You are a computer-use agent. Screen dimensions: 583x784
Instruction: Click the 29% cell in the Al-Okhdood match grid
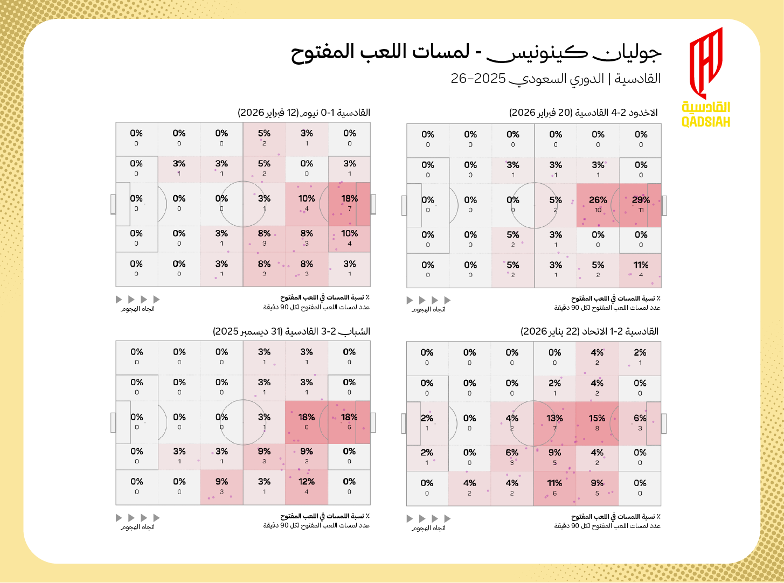(x=640, y=205)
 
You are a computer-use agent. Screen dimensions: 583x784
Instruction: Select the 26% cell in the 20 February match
(x=598, y=205)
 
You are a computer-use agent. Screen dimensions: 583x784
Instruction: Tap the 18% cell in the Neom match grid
(x=349, y=204)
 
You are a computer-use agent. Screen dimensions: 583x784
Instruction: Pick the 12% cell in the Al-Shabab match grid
(x=306, y=487)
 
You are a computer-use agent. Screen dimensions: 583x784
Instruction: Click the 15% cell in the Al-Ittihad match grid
(x=597, y=423)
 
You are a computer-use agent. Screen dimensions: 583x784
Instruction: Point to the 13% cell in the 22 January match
(x=554, y=423)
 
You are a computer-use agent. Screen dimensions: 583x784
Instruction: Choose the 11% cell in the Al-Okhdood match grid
(x=640, y=269)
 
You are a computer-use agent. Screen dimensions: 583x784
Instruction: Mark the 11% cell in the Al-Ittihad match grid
(x=554, y=488)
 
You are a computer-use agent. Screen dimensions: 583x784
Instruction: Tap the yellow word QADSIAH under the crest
(x=706, y=122)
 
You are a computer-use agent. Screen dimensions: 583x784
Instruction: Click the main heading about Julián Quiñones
(x=476, y=52)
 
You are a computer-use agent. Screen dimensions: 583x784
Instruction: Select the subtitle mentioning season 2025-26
(x=556, y=79)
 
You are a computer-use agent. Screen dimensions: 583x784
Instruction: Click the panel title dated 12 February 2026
(x=304, y=113)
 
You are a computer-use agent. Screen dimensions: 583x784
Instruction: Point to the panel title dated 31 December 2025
(x=292, y=331)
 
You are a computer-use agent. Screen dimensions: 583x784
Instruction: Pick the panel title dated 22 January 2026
(x=589, y=331)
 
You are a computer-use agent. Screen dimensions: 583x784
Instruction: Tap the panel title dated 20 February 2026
(x=584, y=113)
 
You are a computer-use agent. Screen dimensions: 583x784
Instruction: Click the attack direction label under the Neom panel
(x=137, y=309)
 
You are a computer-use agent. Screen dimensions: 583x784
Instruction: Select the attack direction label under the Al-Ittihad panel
(x=428, y=528)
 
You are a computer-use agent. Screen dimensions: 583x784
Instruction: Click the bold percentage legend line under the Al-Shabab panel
(x=324, y=516)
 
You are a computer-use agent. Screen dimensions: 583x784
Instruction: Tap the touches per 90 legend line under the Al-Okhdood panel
(x=607, y=308)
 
